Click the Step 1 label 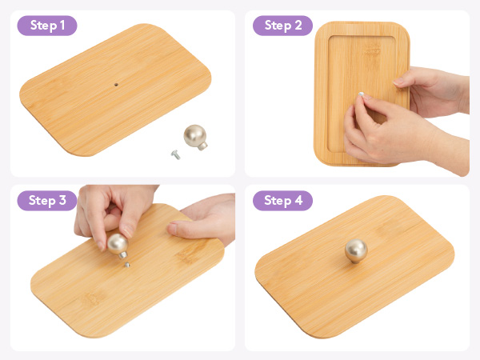(47, 26)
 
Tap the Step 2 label (282, 26)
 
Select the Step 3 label (47, 201)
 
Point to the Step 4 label (282, 201)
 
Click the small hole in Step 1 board (116, 85)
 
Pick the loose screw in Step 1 (176, 154)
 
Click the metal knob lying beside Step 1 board (196, 137)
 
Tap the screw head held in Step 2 (362, 94)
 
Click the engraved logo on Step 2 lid (372, 50)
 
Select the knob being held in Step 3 (118, 246)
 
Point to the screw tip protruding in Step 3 (127, 265)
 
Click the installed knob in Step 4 (356, 251)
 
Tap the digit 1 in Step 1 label (62, 25)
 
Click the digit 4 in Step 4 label (298, 200)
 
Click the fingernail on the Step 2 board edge (398, 82)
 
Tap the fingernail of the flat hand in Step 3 (172, 229)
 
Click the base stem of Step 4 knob (355, 261)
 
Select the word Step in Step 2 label (278, 26)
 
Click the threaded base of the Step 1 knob (202, 146)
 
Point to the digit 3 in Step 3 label (62, 200)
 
